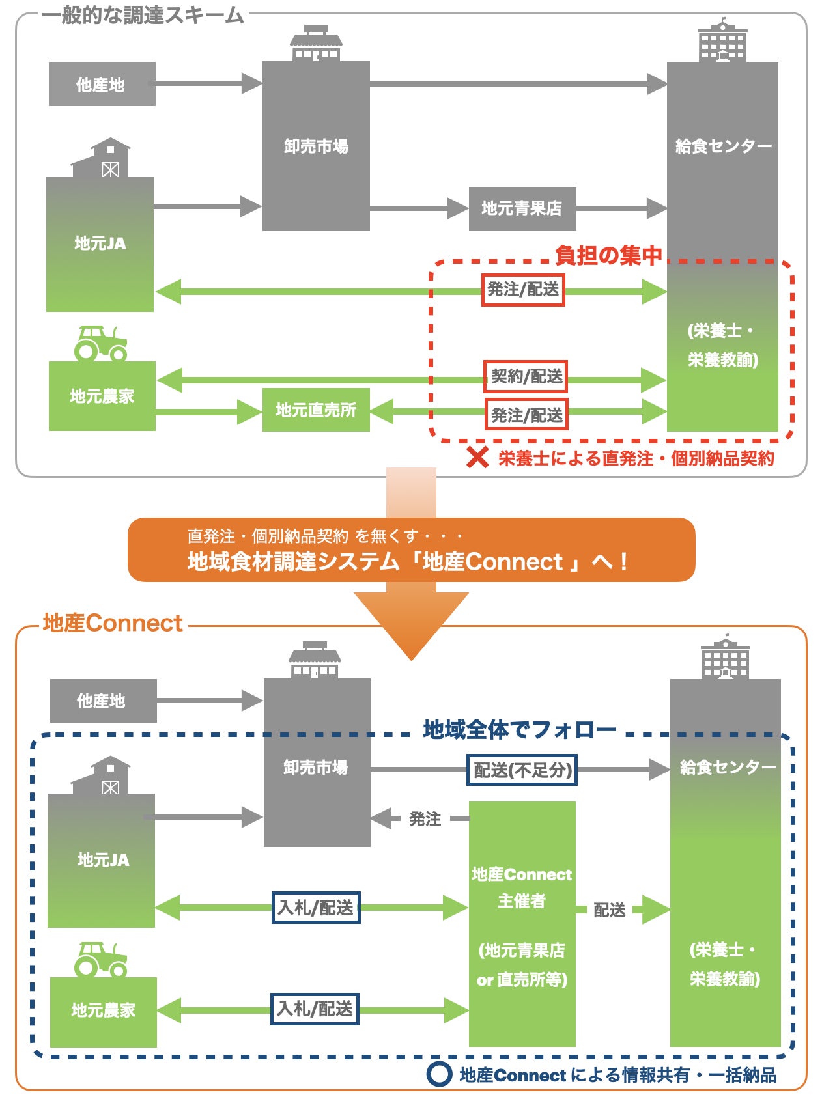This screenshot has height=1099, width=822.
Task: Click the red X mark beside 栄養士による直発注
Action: click(477, 458)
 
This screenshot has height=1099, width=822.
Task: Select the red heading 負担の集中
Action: click(608, 255)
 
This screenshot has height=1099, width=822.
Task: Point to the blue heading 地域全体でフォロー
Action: click(519, 730)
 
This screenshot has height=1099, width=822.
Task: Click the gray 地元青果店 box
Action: click(522, 208)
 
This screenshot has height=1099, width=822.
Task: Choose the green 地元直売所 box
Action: click(316, 410)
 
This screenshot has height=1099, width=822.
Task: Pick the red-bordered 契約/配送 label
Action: click(526, 376)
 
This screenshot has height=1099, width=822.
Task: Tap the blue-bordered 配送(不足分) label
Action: click(522, 770)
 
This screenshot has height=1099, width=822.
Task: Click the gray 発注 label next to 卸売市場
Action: click(425, 818)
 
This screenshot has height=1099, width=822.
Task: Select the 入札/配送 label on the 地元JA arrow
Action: click(315, 908)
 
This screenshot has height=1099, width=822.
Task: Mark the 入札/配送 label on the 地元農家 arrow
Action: click(315, 1009)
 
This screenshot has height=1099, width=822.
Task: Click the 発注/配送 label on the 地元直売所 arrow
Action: click(526, 415)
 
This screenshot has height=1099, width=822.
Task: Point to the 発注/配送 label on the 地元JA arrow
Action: click(523, 290)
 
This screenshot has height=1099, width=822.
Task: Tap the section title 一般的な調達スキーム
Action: click(143, 15)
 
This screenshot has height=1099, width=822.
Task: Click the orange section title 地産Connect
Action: click(112, 623)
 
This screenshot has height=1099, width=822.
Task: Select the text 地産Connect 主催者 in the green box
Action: click(522, 887)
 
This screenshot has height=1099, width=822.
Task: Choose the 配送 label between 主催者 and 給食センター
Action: click(610, 910)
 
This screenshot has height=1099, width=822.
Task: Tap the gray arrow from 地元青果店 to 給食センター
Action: click(621, 208)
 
